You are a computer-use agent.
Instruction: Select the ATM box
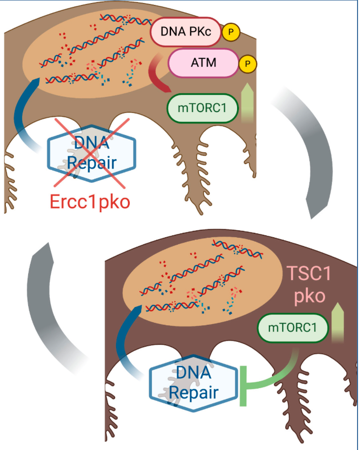point(203,63)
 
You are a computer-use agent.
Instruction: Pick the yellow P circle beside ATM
point(247,63)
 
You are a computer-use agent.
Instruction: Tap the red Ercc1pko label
point(90,201)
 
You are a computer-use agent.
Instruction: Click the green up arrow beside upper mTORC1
point(249,102)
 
